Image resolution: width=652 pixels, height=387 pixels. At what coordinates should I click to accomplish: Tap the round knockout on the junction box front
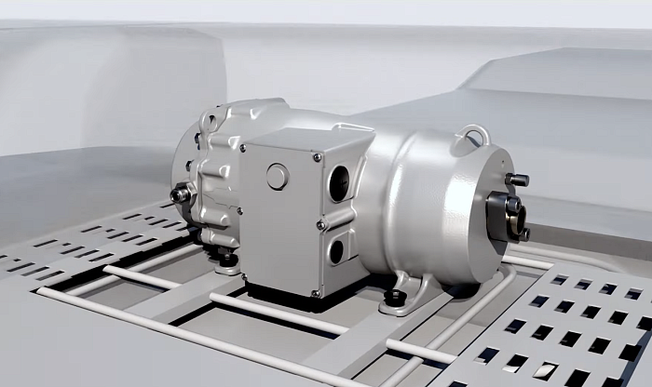tap(278, 177)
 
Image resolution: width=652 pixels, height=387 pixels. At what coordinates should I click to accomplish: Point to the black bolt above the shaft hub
tap(516, 180)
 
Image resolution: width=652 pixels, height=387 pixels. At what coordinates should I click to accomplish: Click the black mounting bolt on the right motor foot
tap(397, 298)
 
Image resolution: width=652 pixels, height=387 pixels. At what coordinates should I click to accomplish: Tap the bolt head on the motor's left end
tap(179, 194)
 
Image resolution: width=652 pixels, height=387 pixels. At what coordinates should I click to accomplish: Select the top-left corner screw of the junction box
tap(243, 147)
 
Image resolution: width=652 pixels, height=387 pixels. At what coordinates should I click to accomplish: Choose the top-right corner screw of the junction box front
tap(317, 158)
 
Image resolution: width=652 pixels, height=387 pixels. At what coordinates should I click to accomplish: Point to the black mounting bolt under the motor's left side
tap(226, 258)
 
